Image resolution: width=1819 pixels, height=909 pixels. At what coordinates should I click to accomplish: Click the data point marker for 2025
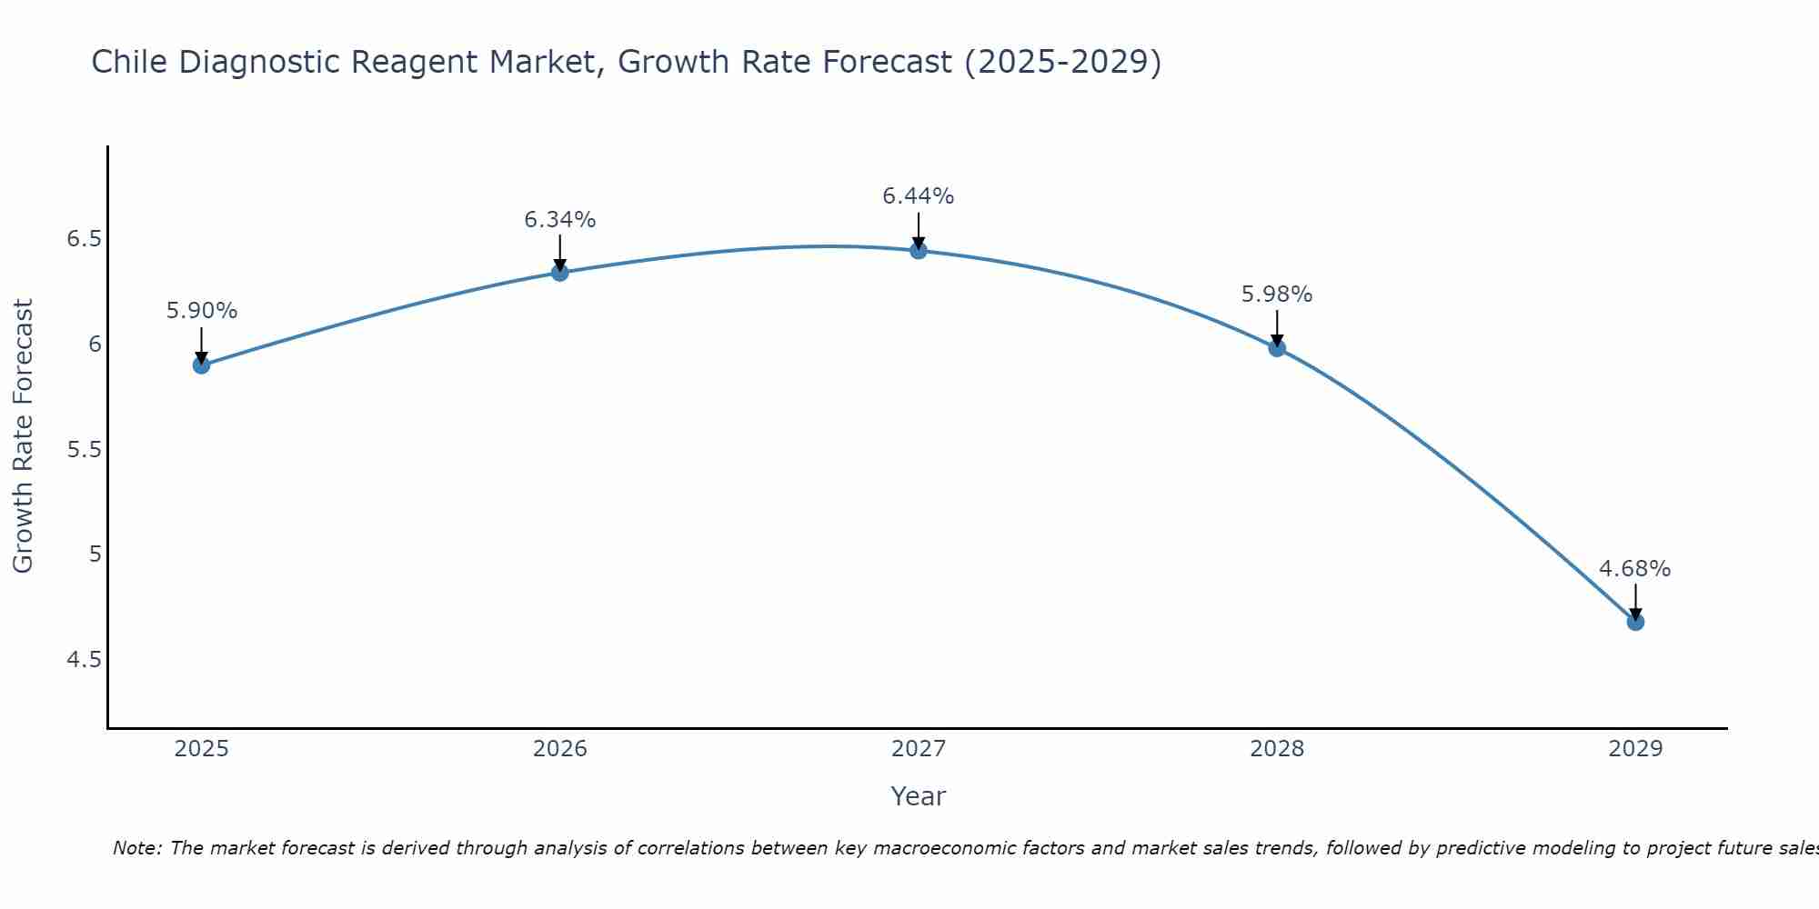coord(201,365)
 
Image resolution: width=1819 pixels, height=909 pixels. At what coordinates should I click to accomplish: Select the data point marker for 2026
coord(559,273)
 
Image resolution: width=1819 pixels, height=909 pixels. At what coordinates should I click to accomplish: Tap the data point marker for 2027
coord(918,251)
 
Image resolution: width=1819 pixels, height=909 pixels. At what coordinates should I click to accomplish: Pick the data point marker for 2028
coord(1276,348)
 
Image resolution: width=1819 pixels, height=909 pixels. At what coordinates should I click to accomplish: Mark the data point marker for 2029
coord(1634,622)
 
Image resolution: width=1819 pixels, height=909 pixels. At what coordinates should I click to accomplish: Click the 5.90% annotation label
coord(201,311)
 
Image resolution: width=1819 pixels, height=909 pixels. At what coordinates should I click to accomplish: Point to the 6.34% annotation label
coord(559,220)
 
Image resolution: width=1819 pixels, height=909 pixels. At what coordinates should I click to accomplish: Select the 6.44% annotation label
coord(918,196)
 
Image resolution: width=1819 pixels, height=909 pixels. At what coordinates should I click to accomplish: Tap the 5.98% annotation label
coord(1276,295)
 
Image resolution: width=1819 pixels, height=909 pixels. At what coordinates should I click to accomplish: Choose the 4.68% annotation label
coord(1634,569)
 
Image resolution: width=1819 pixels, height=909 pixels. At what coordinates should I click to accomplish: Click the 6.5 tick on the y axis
coord(84,239)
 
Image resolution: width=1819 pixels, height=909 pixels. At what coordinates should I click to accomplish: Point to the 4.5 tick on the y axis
coord(84,659)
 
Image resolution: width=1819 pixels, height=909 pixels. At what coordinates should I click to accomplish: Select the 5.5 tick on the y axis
coord(84,450)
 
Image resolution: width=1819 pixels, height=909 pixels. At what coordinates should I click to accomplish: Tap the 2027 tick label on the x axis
coord(918,749)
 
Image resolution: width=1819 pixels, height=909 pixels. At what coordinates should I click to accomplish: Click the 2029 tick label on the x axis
coord(1634,749)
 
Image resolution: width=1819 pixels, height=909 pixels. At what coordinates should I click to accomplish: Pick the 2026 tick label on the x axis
coord(559,749)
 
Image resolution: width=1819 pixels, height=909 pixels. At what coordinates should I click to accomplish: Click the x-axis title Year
coord(918,796)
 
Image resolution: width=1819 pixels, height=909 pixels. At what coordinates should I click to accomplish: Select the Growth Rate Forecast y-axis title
coord(23,436)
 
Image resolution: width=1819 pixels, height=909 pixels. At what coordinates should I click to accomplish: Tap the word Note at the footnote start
coord(136,848)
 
